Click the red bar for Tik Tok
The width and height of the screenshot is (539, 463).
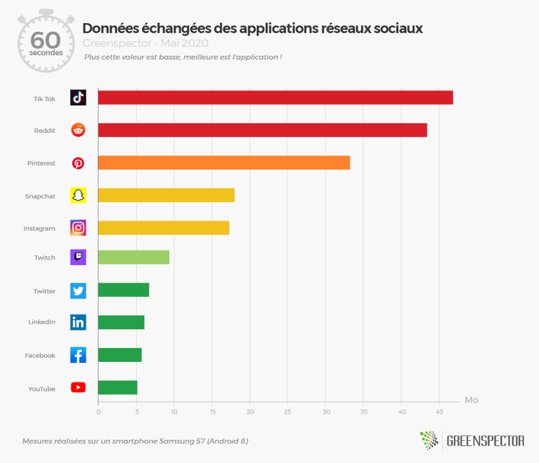pyautogui.click(x=275, y=97)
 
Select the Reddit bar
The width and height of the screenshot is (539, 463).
pyautogui.click(x=262, y=130)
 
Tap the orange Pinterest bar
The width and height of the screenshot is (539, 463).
pyautogui.click(x=224, y=163)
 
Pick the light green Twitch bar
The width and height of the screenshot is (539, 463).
pyautogui.click(x=134, y=257)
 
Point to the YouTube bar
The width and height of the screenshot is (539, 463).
pyautogui.click(x=117, y=388)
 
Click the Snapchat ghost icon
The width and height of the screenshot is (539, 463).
pyautogui.click(x=78, y=195)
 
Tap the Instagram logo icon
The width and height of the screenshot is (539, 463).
pyautogui.click(x=78, y=228)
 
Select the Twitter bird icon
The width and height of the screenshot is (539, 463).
pyautogui.click(x=78, y=291)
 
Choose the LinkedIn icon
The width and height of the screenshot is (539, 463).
pyautogui.click(x=78, y=322)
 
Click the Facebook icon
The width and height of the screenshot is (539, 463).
pyautogui.click(x=78, y=355)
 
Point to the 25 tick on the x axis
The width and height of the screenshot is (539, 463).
pyautogui.click(x=287, y=411)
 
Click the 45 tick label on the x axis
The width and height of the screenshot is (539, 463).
pyautogui.click(x=440, y=411)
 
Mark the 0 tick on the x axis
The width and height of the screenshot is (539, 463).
pyautogui.click(x=98, y=411)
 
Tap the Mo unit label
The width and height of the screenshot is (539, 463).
pyautogui.click(x=471, y=400)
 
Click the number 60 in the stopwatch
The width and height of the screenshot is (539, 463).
pyautogui.click(x=46, y=41)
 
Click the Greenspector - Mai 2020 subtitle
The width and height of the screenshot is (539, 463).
pyautogui.click(x=145, y=43)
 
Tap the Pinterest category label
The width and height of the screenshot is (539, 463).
pyautogui.click(x=41, y=163)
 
